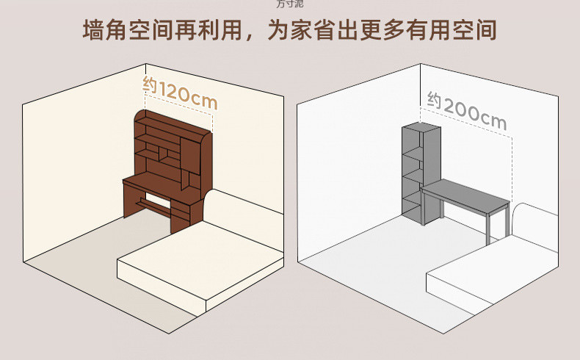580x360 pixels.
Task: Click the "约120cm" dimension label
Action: (x=179, y=91)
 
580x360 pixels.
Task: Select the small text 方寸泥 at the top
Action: (x=289, y=4)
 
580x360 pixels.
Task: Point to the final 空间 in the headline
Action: (x=476, y=30)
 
